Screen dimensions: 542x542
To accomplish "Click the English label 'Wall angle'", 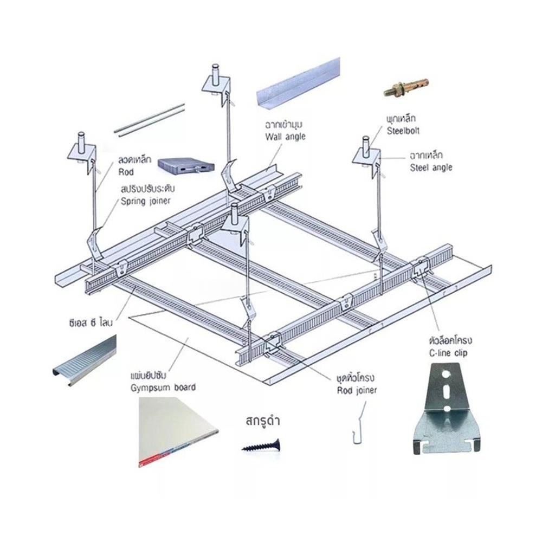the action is coord(285,137).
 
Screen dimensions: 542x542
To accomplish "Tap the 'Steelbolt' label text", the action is coord(403,131).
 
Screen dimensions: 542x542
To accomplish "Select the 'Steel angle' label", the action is coord(431,167).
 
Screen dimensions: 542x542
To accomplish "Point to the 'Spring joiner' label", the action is coord(145,201).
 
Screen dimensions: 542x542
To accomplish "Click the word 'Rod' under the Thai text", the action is coord(126,172).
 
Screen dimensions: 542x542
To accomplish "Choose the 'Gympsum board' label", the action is coord(163,388).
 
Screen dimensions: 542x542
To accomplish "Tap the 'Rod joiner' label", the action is coord(357,390).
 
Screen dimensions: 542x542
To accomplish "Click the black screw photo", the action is coord(261,446).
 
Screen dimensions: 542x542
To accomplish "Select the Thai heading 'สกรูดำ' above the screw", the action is coord(263,421).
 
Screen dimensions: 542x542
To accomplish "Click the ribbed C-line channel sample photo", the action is coord(85,360).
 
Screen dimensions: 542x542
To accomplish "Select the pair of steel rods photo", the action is coord(150,119).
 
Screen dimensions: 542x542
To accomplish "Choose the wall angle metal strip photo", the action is coord(298,84).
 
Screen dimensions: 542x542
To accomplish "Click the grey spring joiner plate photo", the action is coord(186,166).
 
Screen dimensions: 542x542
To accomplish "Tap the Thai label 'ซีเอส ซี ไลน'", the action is coord(91,323).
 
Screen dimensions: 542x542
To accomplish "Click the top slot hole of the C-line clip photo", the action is coord(447,375).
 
